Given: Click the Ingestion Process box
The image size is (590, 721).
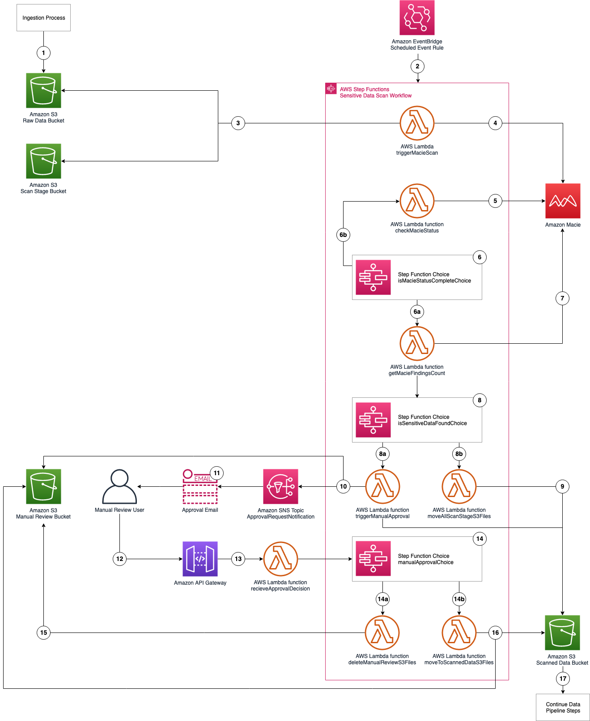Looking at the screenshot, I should (x=43, y=18).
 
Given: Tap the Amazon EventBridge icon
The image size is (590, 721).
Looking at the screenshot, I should (x=417, y=18).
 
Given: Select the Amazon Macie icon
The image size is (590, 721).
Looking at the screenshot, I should (x=563, y=201).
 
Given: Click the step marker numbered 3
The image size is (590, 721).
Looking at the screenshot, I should (x=238, y=123).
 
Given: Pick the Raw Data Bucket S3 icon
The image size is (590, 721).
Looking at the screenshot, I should (x=43, y=91).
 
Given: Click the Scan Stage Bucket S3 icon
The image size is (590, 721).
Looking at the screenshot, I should (x=43, y=161).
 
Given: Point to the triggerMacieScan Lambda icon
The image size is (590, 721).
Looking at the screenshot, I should (x=417, y=123).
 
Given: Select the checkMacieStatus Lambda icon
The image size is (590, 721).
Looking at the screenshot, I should (x=417, y=201).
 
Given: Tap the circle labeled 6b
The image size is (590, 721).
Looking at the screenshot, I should (x=343, y=235).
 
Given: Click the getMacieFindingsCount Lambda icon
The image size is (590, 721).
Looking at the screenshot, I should (x=417, y=343).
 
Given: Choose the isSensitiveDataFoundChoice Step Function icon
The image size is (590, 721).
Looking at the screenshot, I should (x=373, y=420).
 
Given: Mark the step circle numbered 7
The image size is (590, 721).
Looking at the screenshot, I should (x=562, y=298).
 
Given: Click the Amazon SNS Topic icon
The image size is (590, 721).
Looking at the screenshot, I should (x=280, y=486).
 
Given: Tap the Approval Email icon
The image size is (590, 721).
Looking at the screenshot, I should (x=200, y=487).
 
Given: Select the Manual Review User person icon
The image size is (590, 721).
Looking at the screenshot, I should (x=119, y=486).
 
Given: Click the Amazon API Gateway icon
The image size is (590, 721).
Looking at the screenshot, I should (x=200, y=559).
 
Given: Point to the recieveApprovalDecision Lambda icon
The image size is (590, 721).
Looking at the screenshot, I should (x=280, y=559).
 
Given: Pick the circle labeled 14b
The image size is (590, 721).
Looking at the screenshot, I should (x=459, y=599).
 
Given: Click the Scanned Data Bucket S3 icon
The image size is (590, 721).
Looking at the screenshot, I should (x=562, y=632).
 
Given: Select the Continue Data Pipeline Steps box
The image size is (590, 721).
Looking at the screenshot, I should (x=563, y=707).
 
